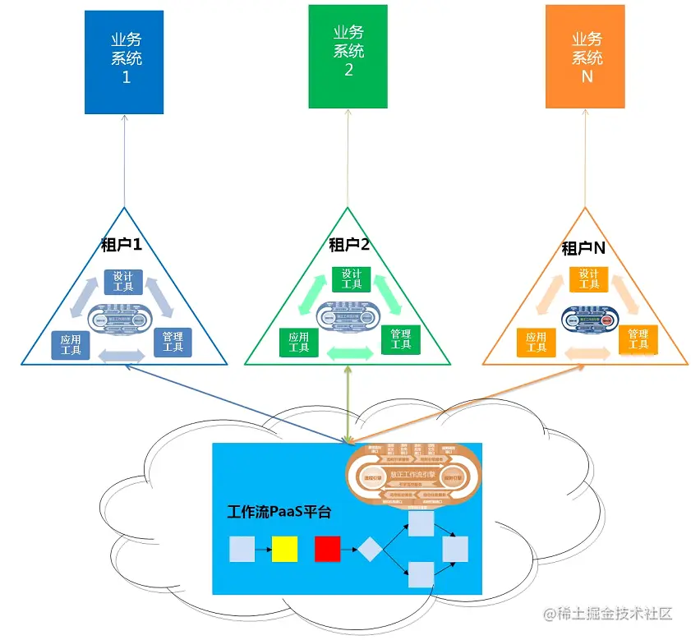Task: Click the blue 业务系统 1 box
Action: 124,62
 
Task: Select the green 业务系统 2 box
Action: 348,56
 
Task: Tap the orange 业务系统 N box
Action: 586,57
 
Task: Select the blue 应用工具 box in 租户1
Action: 70,344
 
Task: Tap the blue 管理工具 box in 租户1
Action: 173,342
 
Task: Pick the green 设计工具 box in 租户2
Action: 351,279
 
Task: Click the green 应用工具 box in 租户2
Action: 299,343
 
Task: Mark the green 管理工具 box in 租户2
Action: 401,338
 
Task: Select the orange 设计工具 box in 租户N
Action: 588,279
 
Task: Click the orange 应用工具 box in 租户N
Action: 537,342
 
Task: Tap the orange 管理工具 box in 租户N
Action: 638,338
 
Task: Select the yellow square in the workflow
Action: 284,548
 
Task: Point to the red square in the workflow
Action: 327,548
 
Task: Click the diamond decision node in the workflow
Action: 370,548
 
